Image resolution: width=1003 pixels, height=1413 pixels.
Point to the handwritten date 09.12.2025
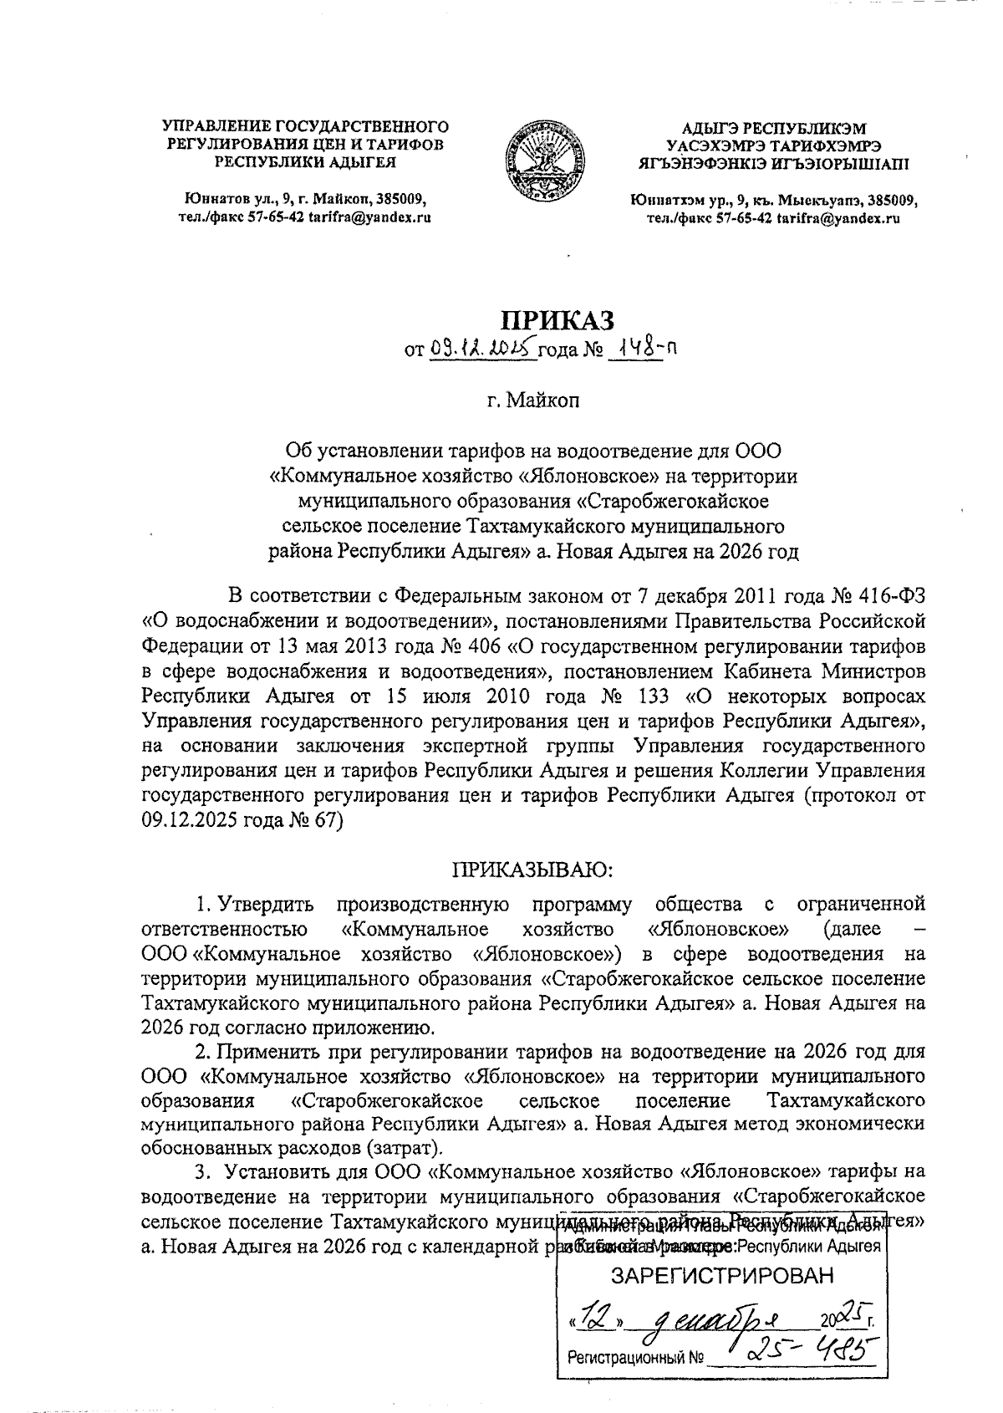[482, 349]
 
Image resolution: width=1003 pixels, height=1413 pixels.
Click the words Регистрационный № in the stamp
[635, 1359]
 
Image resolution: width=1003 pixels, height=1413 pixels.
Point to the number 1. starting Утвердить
[201, 904]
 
